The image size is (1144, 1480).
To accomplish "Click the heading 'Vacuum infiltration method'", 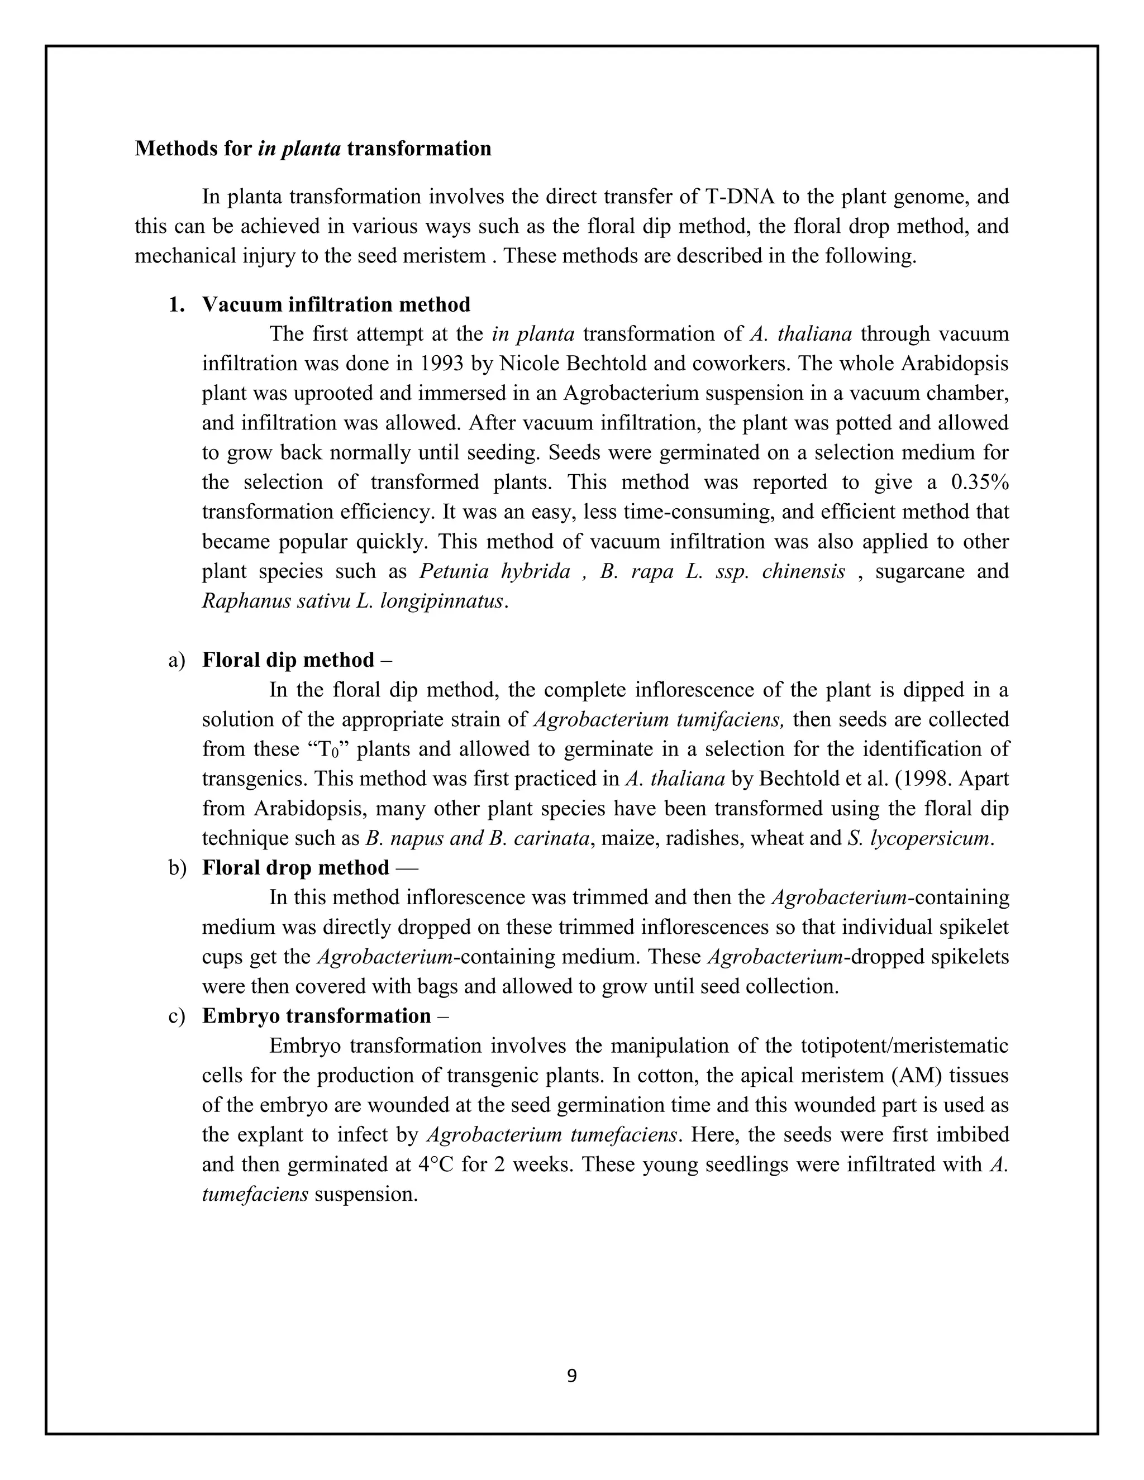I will (x=336, y=305).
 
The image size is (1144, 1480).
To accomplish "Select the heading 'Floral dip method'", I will (x=288, y=660).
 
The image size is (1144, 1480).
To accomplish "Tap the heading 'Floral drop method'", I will (x=295, y=868).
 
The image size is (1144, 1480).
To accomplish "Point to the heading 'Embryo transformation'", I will (x=317, y=1016).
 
